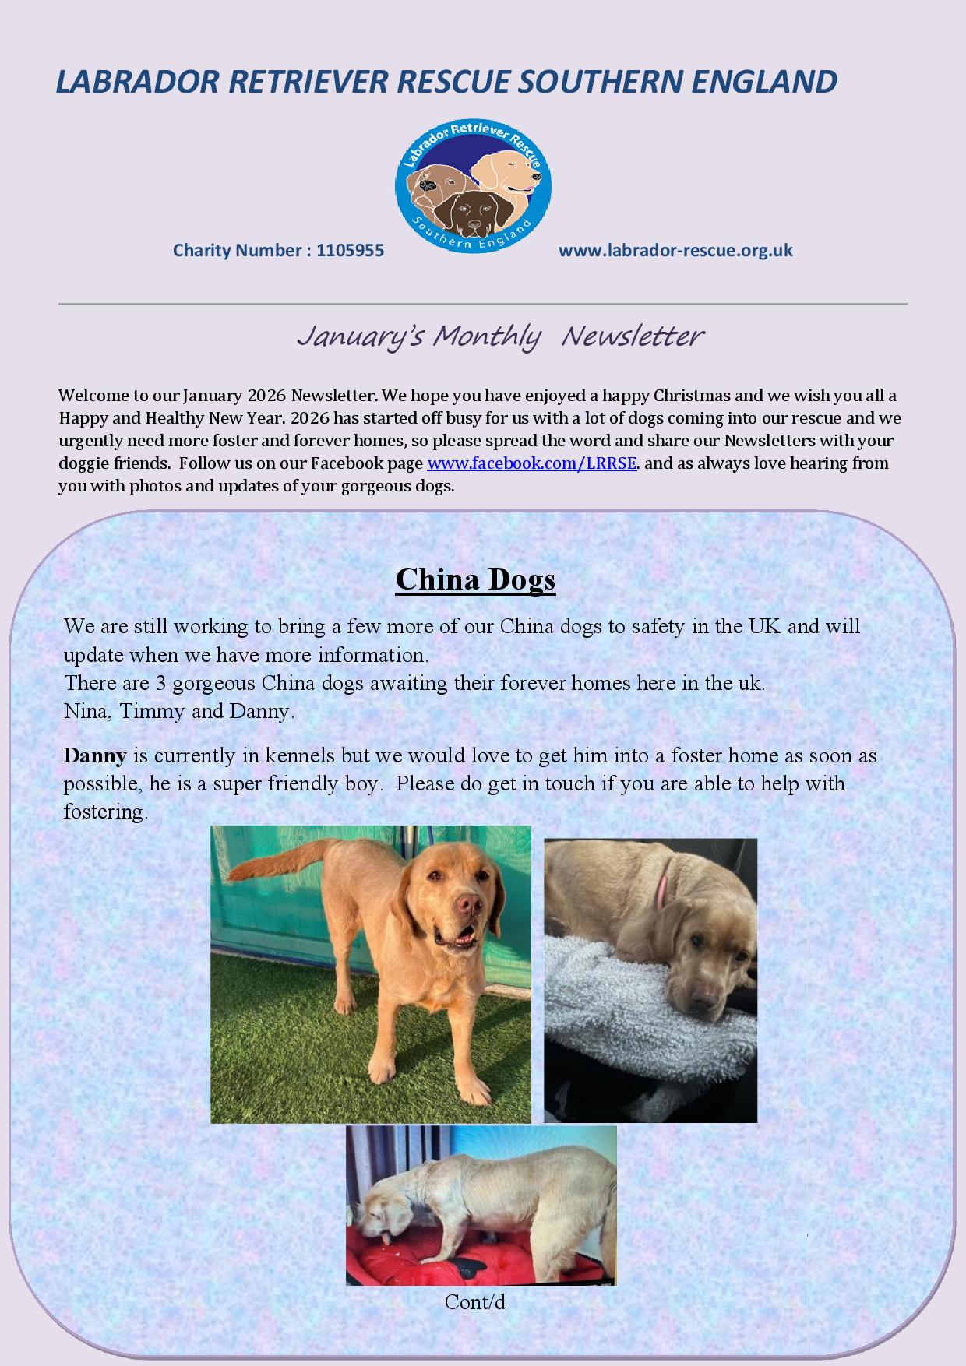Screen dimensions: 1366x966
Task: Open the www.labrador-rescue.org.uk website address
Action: pyautogui.click(x=675, y=251)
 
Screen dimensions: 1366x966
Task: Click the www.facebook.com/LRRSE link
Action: pyautogui.click(x=532, y=463)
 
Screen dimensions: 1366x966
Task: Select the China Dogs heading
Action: pyautogui.click(x=475, y=579)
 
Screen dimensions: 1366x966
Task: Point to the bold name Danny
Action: pyautogui.click(x=95, y=755)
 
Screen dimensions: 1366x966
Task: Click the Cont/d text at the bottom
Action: pyautogui.click(x=475, y=1301)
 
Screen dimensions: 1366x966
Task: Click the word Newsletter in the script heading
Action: pyautogui.click(x=632, y=336)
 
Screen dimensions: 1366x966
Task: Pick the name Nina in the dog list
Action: pyautogui.click(x=86, y=712)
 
